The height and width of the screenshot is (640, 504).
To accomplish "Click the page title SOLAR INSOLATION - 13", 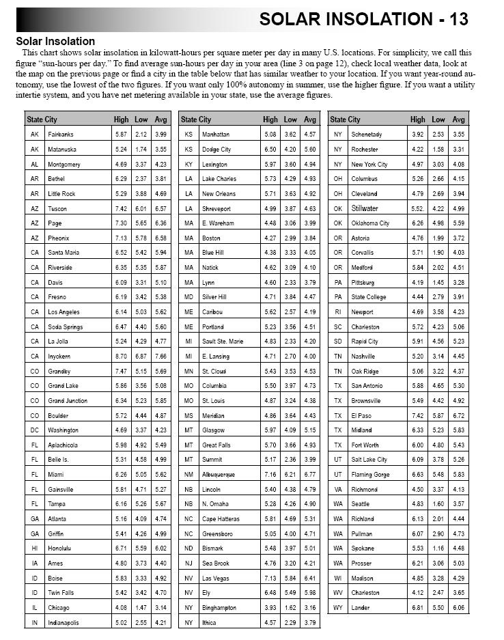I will click(363, 19).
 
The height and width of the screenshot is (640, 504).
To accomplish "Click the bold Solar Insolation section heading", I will click(55, 42).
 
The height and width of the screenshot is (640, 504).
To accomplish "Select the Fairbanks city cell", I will click(61, 135).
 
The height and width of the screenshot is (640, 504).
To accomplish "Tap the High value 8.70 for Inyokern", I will click(121, 357).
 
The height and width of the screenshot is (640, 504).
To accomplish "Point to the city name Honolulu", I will click(61, 548).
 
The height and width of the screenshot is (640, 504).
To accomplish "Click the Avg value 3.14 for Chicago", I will click(160, 608).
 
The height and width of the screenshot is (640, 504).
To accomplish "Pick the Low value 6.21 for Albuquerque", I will click(290, 475).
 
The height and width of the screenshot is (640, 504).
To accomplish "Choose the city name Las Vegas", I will click(216, 578).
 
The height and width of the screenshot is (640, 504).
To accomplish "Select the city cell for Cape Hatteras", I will click(221, 519).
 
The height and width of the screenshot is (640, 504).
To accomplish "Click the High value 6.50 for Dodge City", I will click(270, 150).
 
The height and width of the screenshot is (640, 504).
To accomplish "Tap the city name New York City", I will click(369, 165).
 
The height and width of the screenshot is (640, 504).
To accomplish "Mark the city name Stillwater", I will click(364, 209).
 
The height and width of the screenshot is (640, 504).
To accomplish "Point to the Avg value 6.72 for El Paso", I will click(459, 415).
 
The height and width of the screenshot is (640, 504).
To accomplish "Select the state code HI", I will click(34, 548).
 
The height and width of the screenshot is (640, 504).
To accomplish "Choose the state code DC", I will click(34, 430).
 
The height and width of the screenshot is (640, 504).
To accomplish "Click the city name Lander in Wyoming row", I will click(361, 608).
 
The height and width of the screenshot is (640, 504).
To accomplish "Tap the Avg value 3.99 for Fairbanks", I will click(160, 135).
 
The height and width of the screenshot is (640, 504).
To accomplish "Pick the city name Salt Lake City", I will click(369, 460).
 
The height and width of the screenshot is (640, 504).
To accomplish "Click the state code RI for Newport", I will click(338, 312).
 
